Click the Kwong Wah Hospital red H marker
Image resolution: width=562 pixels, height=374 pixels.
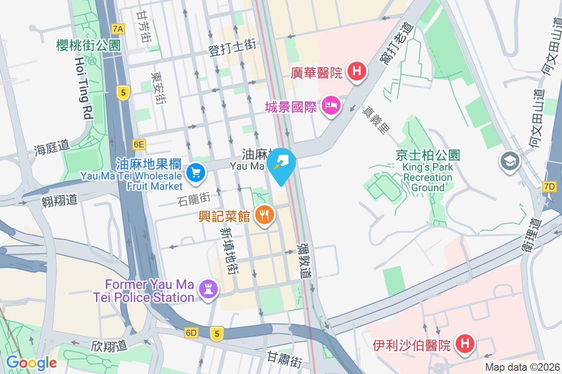(x=357, y=72)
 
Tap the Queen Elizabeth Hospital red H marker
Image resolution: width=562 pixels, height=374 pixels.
(x=465, y=345)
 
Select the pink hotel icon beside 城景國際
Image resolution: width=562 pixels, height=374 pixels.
(x=331, y=105)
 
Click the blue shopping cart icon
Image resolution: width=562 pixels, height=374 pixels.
(x=195, y=173)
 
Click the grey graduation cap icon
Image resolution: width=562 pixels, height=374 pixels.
(x=509, y=161)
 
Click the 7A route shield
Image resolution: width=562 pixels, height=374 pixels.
(x=118, y=29)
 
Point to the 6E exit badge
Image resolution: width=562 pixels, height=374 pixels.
(x=139, y=144)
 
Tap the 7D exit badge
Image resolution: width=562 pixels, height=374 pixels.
(x=549, y=187)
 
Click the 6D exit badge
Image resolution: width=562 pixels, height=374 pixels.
(x=191, y=333)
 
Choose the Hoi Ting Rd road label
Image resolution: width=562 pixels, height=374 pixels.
(x=83, y=88)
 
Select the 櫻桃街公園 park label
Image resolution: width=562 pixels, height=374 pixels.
(x=88, y=45)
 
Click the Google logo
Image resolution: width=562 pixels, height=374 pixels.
(x=31, y=362)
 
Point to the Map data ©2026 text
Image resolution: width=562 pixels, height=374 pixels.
(x=522, y=367)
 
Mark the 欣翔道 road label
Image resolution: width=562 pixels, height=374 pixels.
(x=109, y=346)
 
